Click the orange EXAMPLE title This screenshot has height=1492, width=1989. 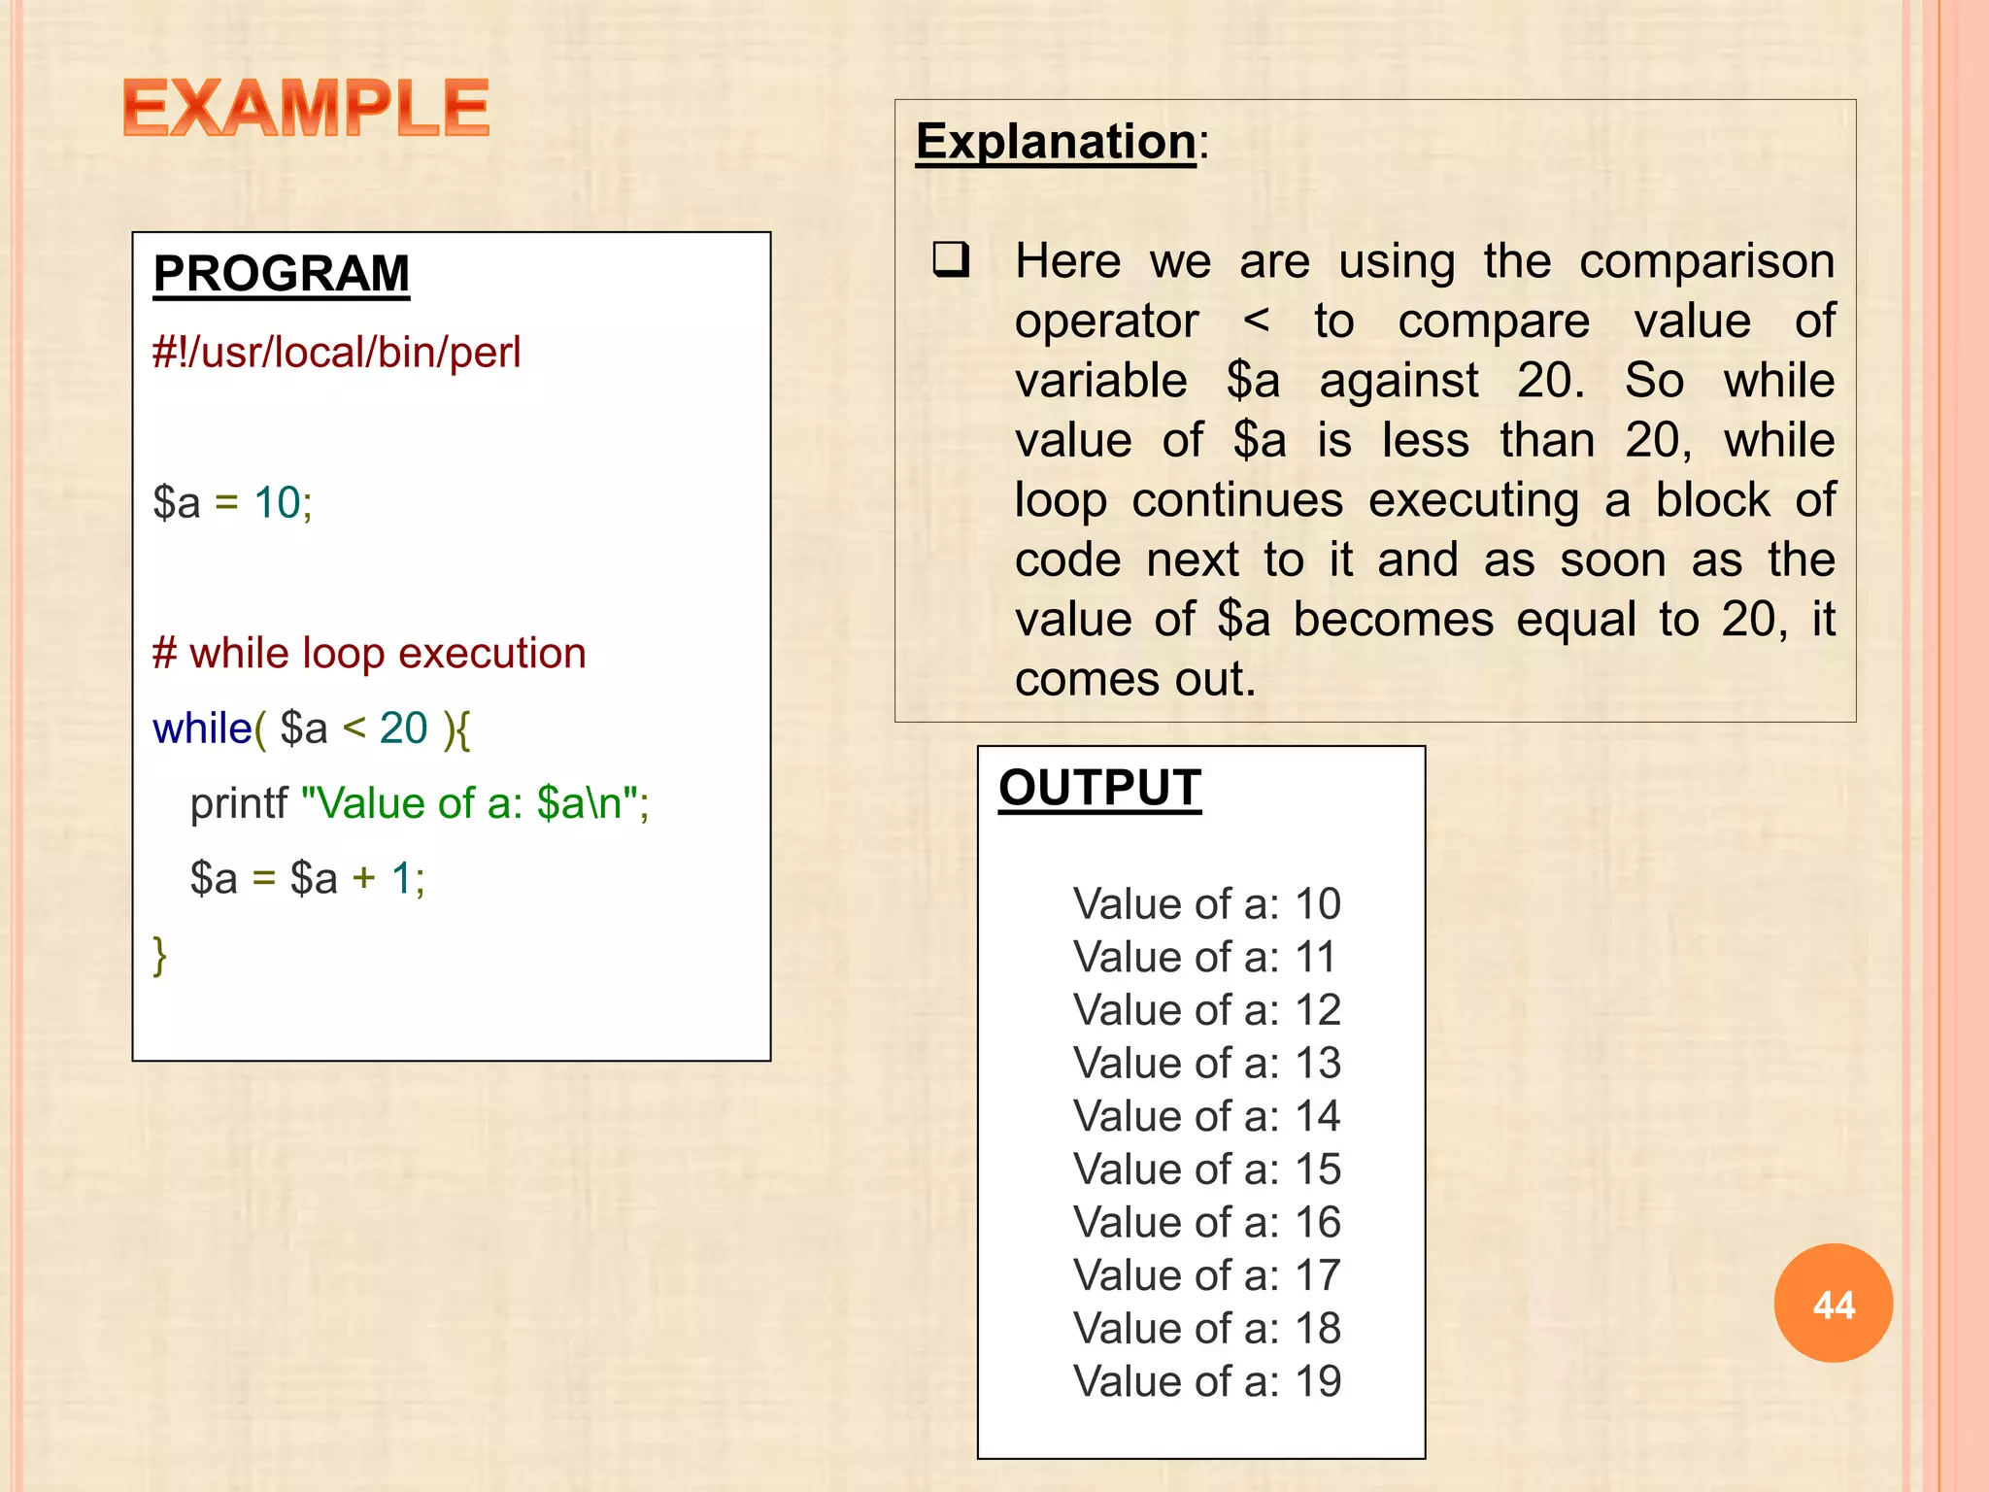pyautogui.click(x=306, y=108)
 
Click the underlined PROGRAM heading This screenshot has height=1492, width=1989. pyautogui.click(x=282, y=274)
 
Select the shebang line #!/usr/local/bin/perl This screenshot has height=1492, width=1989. pyautogui.click(x=336, y=353)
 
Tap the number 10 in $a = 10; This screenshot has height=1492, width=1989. pyautogui.click(x=277, y=503)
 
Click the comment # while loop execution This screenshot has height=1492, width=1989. pyautogui.click(x=369, y=654)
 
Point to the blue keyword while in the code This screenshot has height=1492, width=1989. pyautogui.click(x=202, y=729)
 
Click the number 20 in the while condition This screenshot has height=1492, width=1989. pyautogui.click(x=403, y=729)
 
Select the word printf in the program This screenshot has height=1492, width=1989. pyautogui.click(x=238, y=804)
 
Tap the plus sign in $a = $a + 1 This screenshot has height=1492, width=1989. pyautogui.click(x=363, y=879)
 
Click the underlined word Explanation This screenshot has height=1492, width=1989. pyautogui.click(x=1056, y=142)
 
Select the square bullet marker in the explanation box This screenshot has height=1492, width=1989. pyautogui.click(x=951, y=260)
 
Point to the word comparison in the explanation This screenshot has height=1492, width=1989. pyautogui.click(x=1706, y=262)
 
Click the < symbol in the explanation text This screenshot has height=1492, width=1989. pyautogui.click(x=1256, y=321)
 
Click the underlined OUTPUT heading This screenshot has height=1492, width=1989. pyautogui.click(x=1099, y=788)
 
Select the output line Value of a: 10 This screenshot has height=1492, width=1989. pyautogui.click(x=1206, y=904)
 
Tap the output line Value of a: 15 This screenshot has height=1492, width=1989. pyautogui.click(x=1206, y=1170)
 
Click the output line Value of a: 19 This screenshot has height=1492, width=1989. pyautogui.click(x=1206, y=1381)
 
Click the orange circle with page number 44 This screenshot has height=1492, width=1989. pyautogui.click(x=1833, y=1304)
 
